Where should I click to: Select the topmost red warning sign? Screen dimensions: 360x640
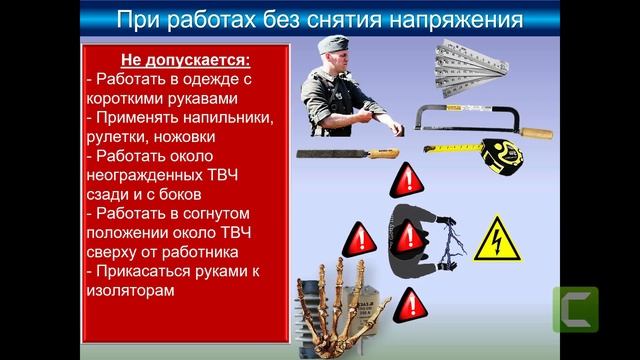click(x=405, y=183)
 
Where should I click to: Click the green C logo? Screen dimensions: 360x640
click(x=575, y=310)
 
